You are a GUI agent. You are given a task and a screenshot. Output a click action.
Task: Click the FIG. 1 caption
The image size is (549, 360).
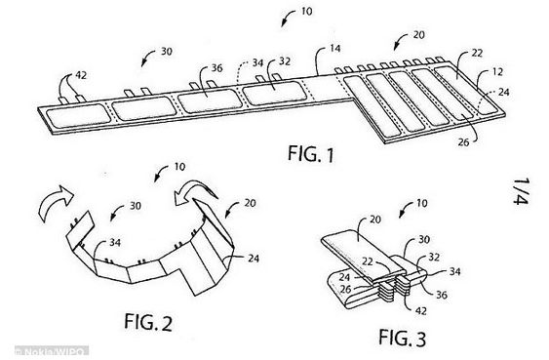pos(311,154)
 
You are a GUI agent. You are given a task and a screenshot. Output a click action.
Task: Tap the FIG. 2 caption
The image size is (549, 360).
pos(148,322)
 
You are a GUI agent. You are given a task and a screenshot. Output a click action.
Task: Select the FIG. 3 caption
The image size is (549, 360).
pos(403,338)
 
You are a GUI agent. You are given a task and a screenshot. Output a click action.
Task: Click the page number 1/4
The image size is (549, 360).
pos(522,191)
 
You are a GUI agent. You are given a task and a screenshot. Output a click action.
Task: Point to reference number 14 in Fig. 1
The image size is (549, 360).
pos(335,48)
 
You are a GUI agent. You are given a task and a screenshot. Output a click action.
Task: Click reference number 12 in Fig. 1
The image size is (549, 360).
pos(497,72)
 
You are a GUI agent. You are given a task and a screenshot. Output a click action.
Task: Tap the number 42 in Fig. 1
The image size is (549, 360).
pos(81,75)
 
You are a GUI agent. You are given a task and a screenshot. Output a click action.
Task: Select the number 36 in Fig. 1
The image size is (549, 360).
pos(216,67)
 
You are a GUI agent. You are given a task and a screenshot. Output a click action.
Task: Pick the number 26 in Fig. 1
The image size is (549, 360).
pos(463,142)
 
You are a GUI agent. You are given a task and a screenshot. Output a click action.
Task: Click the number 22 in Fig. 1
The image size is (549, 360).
pos(477,53)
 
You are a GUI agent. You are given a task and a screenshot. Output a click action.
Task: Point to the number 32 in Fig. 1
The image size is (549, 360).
pos(285,61)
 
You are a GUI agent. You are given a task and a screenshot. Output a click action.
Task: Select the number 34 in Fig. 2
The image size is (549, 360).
pos(115,242)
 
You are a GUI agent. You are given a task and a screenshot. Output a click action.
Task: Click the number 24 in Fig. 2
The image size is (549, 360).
pos(254,259)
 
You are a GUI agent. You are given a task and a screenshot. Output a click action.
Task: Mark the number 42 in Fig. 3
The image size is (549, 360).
pos(420,310)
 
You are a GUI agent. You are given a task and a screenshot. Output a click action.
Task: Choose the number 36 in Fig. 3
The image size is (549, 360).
pos(442,295)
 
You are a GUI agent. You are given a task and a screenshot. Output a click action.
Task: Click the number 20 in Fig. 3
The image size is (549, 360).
pos(375,220)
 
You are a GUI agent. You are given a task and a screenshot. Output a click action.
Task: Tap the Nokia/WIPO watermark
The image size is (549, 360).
pos(51,351)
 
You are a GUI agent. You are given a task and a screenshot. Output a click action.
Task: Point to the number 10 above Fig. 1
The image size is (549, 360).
pos(306,11)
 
